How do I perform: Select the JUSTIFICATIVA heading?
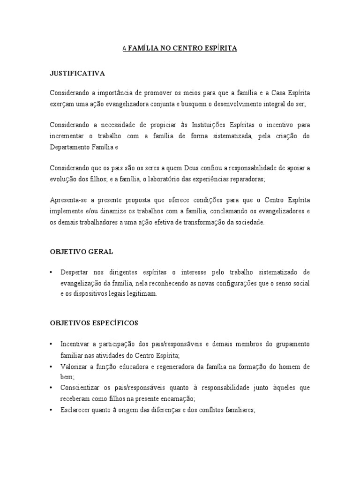point(77,74)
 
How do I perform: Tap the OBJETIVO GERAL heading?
point(81,252)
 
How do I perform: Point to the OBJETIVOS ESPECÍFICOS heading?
point(94,323)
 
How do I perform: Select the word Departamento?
point(72,146)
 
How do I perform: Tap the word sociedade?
point(249,223)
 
